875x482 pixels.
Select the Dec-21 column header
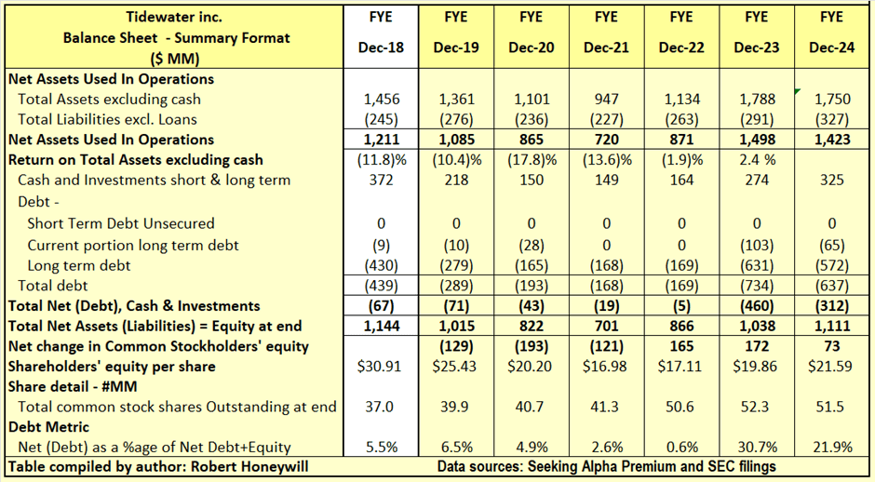[606, 32]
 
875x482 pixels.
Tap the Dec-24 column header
[832, 32]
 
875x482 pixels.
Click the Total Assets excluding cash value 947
[606, 100]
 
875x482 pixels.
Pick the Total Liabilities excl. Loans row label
[107, 119]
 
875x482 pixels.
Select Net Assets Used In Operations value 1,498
[757, 140]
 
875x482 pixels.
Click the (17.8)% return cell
[531, 160]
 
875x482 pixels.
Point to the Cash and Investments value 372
[381, 180]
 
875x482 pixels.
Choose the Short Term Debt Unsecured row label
[121, 223]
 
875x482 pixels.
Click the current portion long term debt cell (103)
[757, 245]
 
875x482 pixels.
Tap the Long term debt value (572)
[832, 265]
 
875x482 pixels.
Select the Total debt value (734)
[757, 286]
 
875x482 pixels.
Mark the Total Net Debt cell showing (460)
[757, 306]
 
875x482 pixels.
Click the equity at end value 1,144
[381, 326]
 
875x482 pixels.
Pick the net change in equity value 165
[681, 346]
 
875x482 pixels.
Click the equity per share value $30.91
[381, 367]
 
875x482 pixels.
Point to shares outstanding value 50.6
[681, 407]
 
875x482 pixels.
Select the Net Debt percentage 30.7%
[757, 447]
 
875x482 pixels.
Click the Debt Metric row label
[49, 426]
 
